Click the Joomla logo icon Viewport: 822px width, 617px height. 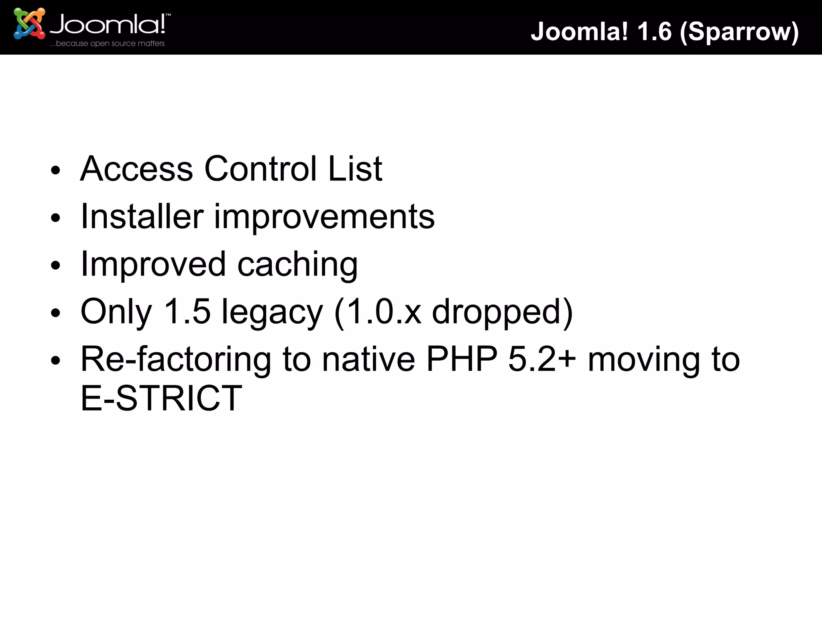point(29,23)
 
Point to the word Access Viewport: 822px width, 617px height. point(136,169)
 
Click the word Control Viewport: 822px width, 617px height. point(260,169)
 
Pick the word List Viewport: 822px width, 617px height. point(355,169)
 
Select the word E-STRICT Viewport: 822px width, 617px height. point(161,398)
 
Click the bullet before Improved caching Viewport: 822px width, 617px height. point(55,266)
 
